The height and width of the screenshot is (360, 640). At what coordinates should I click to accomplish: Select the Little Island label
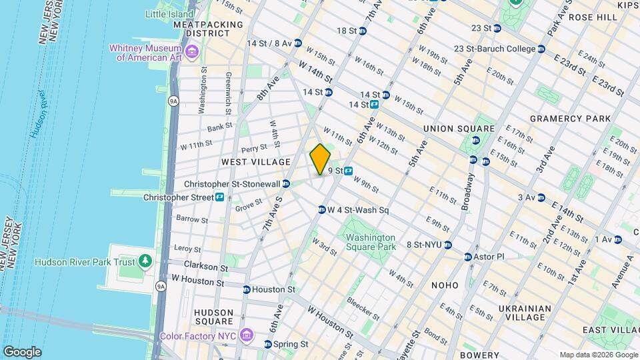pos(169,13)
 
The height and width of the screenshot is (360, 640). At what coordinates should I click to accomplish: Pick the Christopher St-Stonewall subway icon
pos(286,184)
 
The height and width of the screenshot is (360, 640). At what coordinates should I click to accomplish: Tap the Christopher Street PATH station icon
pos(219,197)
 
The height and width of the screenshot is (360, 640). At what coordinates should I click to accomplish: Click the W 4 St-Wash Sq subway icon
pos(321,209)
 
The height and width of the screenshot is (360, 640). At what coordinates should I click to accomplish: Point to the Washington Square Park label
pos(370,242)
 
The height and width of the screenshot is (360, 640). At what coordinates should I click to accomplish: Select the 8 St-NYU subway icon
pos(449,245)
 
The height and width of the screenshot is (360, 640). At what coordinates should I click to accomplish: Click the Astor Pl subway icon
pos(467,257)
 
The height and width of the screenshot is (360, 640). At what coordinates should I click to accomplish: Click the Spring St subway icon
pos(268,345)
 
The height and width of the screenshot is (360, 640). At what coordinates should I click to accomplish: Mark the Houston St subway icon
pos(247,289)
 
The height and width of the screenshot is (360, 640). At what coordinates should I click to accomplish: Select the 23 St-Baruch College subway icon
pos(541,49)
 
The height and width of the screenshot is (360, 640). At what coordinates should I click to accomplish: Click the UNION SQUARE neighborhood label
pos(459,129)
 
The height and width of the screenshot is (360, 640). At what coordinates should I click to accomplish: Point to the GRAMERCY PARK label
pos(570,119)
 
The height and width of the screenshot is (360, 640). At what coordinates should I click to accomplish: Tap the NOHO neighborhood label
pos(445,285)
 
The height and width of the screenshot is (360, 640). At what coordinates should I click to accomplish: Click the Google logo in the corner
pos(22,352)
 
